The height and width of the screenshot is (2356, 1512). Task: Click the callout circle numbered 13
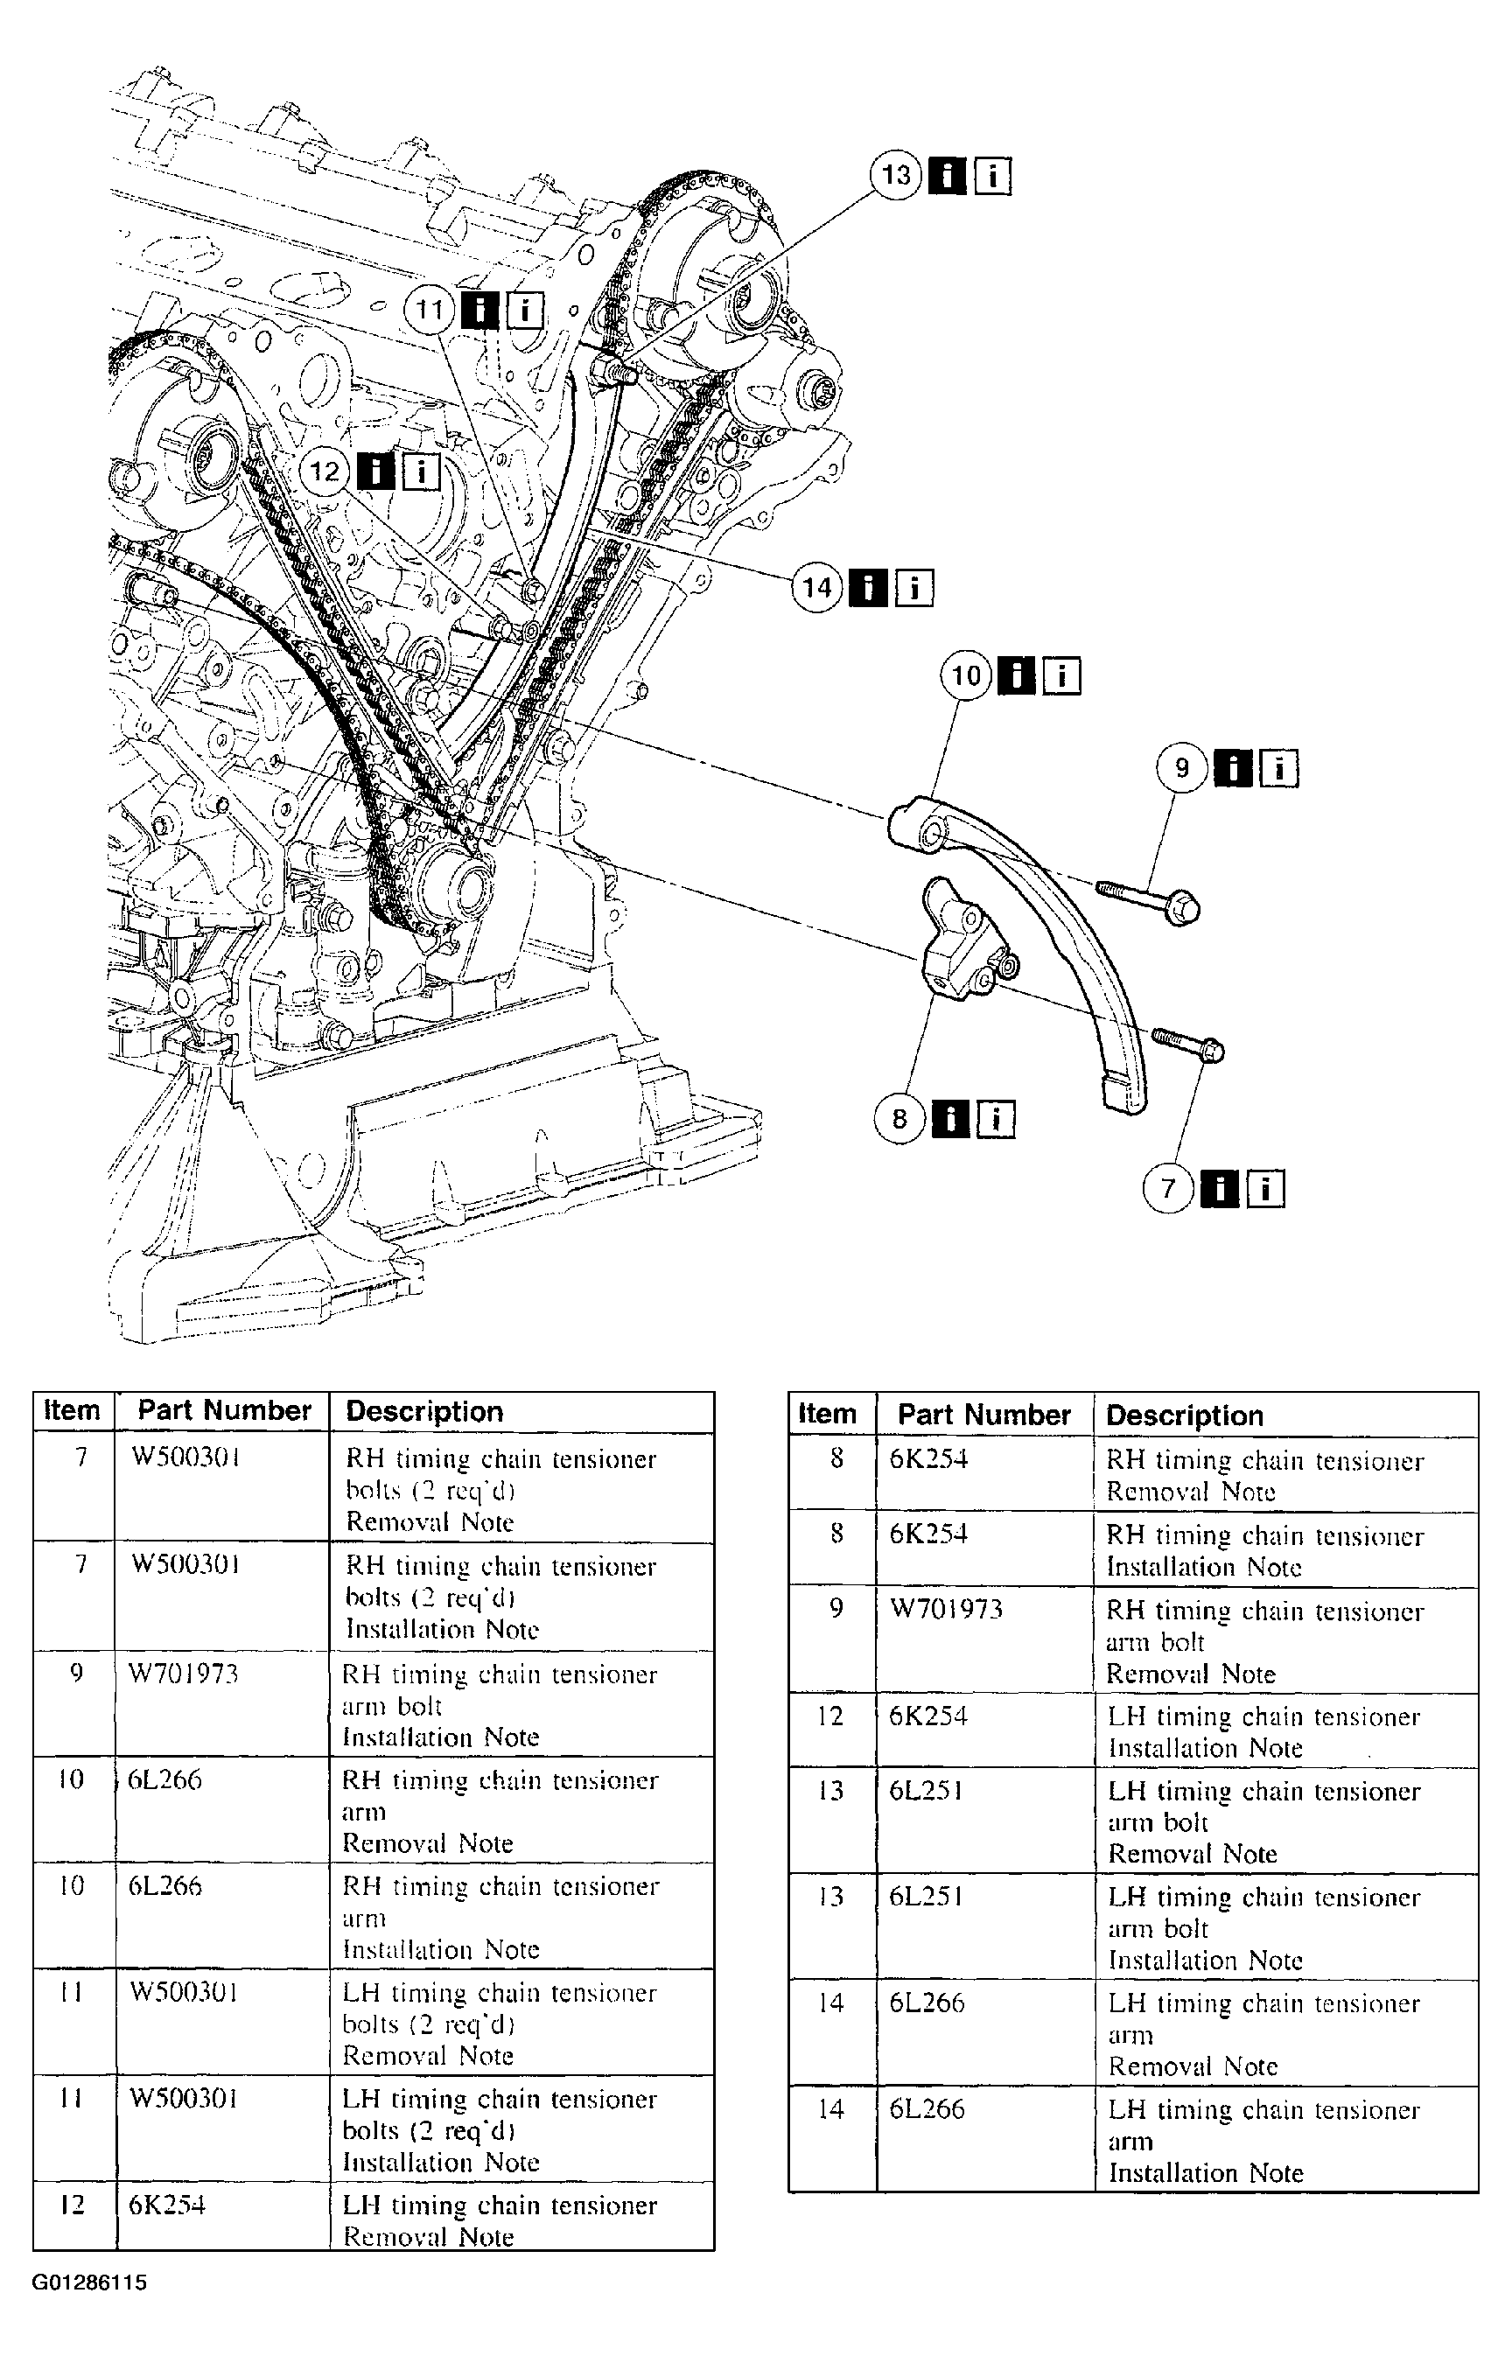(895, 176)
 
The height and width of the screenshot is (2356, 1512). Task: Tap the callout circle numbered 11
(429, 311)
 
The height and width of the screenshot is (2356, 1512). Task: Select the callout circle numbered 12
(324, 472)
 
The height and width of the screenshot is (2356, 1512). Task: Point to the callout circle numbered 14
(817, 588)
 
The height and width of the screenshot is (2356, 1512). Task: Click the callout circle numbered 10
(966, 675)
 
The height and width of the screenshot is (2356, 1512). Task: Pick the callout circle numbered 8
(899, 1118)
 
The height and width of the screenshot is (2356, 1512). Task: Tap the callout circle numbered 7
(1167, 1189)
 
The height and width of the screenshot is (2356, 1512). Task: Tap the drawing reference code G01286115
(89, 2283)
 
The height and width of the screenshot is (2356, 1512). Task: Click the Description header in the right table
(1184, 1416)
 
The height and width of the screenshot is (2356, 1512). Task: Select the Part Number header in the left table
(224, 1410)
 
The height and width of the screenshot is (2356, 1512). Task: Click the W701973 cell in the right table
(946, 1609)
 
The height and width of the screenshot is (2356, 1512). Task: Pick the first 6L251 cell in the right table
(926, 1791)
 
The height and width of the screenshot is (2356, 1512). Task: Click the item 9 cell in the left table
(75, 1673)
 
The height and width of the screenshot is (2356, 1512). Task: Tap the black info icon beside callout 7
(1220, 1189)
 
